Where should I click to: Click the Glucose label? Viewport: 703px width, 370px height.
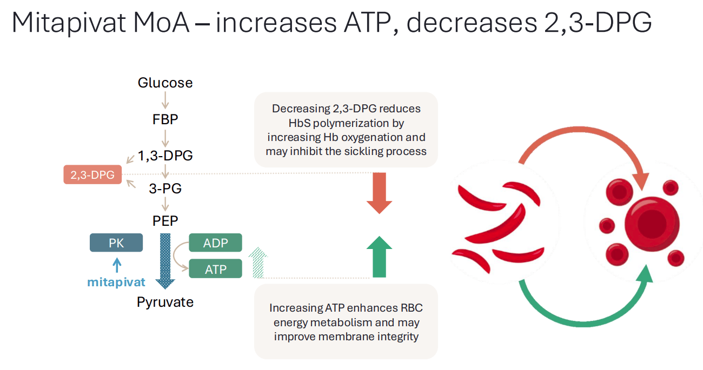point(165,83)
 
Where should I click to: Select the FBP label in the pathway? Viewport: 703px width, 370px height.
point(165,119)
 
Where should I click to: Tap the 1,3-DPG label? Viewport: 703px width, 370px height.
point(165,156)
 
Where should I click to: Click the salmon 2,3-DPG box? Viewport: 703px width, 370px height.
point(92,175)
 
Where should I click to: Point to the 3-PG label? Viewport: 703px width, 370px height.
point(165,189)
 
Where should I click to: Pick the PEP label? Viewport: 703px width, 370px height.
point(165,221)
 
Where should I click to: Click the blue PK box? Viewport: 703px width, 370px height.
point(116,243)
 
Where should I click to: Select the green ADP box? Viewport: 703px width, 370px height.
point(215,243)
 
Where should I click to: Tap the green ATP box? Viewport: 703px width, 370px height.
point(215,269)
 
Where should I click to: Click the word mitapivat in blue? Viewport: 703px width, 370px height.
point(116,282)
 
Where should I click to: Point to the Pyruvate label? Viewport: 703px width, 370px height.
point(165,302)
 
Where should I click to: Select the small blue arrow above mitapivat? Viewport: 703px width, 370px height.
point(116,265)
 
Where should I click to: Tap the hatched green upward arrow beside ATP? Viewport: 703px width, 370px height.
point(258,263)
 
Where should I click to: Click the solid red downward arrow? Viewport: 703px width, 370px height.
point(379,193)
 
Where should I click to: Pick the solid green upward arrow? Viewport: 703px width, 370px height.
point(379,257)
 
